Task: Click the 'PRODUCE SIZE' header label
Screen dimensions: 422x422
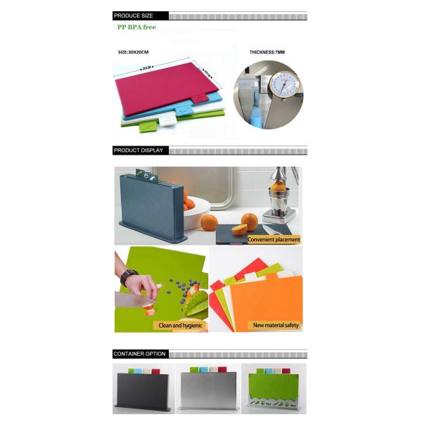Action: click(x=134, y=15)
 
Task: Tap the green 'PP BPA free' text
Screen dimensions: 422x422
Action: click(x=136, y=27)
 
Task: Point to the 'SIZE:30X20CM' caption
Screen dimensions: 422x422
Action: click(x=134, y=53)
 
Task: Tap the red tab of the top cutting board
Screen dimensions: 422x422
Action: click(x=200, y=98)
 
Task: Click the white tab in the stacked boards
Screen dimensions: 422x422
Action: click(x=167, y=120)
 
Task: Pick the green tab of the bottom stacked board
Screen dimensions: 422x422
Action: click(x=148, y=126)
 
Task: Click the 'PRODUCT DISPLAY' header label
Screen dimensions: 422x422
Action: click(x=139, y=150)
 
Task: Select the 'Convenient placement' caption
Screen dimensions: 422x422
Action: click(x=276, y=239)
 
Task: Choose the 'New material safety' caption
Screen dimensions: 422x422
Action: click(x=276, y=326)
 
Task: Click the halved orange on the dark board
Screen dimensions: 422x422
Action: click(x=239, y=229)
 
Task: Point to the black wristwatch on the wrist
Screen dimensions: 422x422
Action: click(x=128, y=277)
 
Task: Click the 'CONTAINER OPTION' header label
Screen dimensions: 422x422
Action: click(x=139, y=353)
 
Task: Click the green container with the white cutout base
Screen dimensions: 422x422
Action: click(x=271, y=390)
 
